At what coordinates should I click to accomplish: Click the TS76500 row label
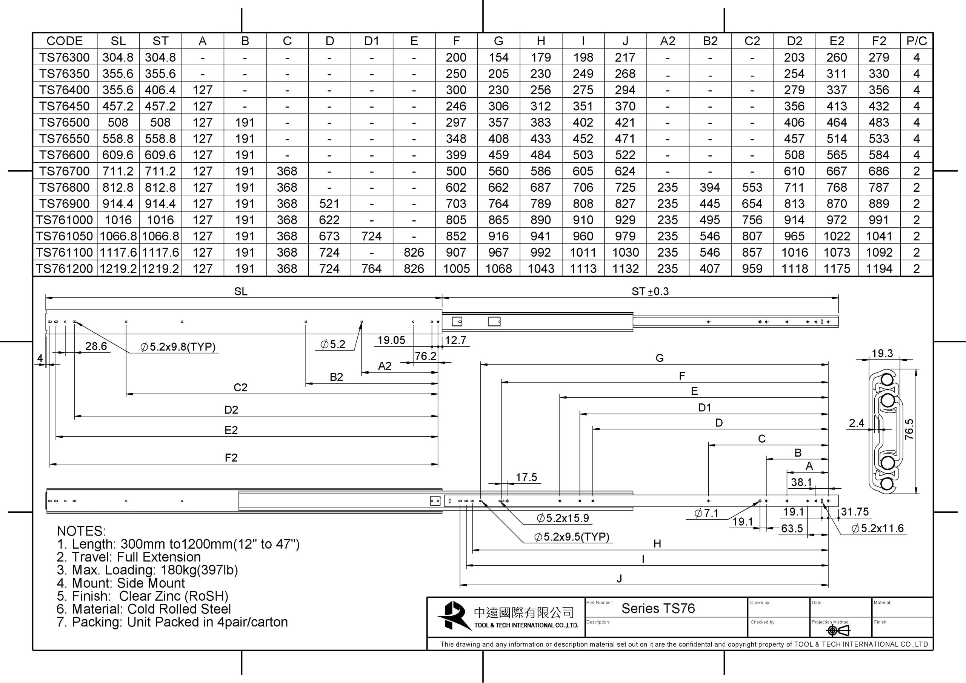pos(65,123)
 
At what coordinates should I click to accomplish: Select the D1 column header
pos(372,41)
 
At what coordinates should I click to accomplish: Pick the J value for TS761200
pos(625,269)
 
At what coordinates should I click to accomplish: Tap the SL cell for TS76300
pos(118,57)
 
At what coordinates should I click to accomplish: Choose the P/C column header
pos(916,41)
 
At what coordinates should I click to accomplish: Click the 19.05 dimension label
pos(391,340)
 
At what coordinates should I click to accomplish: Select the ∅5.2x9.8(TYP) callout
pos(178,347)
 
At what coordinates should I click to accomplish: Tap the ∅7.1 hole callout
pos(706,513)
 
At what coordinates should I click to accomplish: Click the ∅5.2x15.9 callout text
pos(563,518)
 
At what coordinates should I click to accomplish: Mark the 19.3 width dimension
pos(882,354)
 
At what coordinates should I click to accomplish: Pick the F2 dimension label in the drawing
pos(231,457)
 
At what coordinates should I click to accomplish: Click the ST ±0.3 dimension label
pos(650,291)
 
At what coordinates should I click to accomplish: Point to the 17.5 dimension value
pos(526,477)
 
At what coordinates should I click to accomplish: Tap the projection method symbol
pos(838,630)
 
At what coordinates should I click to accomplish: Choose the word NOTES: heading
pos(81,531)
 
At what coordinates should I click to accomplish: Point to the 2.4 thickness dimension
pos(856,423)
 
